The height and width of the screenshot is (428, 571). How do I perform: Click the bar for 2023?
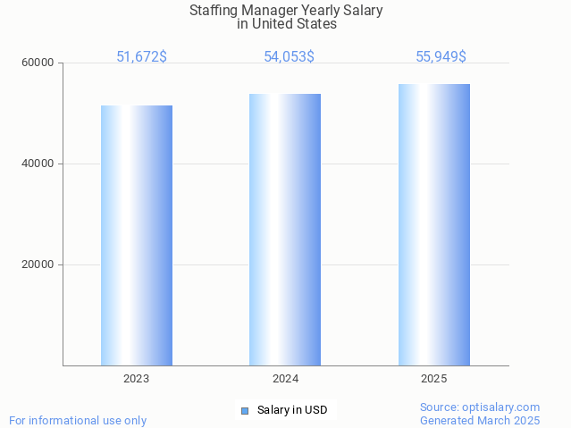137,235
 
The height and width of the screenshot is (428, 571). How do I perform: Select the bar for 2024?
285,230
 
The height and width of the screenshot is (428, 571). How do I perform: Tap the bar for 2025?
434,224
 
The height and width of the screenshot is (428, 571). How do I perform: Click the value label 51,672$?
141,57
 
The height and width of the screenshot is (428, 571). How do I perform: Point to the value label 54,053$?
289,57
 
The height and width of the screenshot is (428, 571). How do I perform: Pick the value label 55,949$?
441,57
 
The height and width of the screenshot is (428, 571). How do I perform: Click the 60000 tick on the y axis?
38,63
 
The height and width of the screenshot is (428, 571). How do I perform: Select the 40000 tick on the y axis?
38,164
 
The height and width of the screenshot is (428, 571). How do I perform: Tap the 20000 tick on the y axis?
38,265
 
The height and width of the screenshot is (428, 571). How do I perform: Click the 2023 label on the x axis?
137,379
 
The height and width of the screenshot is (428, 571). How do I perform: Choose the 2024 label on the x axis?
285,379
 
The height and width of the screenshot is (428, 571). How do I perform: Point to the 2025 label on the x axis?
434,379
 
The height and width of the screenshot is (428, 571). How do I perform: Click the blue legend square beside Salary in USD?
245,411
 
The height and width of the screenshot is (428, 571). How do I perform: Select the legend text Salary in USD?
292,411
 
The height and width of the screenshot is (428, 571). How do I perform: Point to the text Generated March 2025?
480,421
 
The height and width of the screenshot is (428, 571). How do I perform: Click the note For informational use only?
78,421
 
